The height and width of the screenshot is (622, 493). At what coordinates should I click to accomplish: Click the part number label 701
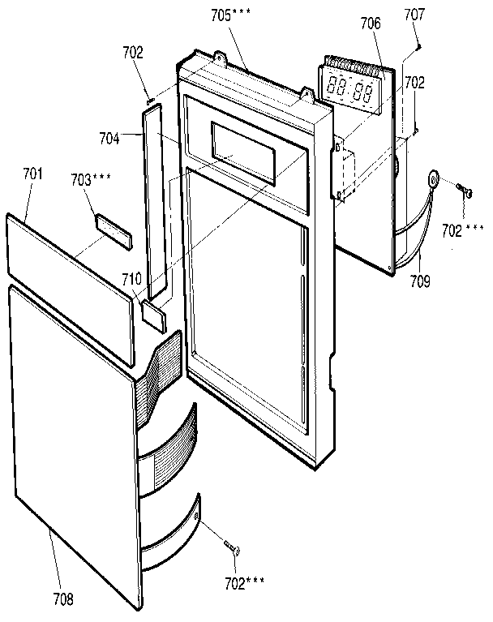coord(34,174)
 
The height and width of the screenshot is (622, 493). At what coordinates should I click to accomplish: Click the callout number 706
coord(371,24)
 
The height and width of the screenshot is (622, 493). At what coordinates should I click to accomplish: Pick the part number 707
coord(414,15)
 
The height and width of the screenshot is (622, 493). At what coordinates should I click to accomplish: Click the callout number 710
coord(131,280)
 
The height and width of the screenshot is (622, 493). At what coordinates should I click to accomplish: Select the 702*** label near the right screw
coord(462,230)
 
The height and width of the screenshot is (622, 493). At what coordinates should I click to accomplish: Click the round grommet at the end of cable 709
coord(434,178)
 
